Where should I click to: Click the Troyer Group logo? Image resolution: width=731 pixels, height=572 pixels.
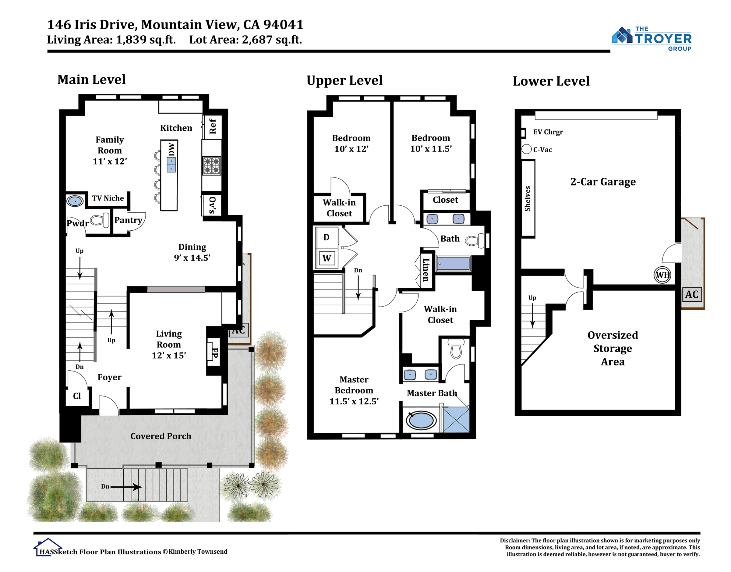pos(651,39)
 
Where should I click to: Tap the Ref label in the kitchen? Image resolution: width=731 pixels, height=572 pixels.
pos(213,126)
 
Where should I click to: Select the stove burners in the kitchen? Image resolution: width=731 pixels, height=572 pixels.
pos(212,166)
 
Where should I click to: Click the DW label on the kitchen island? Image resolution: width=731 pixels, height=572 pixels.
pos(171,149)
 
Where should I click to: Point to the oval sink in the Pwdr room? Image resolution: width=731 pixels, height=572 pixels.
pos(75,201)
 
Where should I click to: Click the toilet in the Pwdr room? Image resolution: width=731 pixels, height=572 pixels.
pos(100,220)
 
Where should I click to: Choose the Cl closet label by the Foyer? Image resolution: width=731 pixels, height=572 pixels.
pos(77,396)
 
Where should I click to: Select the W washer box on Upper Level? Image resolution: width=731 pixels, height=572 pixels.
pos(327,258)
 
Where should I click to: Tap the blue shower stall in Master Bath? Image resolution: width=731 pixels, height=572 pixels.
pos(456,420)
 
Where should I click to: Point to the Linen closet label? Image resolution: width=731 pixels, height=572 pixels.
pos(426,270)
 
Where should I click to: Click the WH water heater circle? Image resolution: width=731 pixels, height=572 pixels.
pos(662,275)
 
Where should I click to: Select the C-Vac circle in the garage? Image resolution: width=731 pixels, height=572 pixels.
pos(527,149)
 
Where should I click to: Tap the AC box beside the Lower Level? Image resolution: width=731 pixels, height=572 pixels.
pos(692,294)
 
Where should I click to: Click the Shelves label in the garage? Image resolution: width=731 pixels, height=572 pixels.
pos(528,199)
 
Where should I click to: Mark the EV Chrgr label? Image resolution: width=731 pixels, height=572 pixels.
pos(548,132)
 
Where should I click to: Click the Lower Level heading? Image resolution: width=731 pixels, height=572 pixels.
pos(551,81)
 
